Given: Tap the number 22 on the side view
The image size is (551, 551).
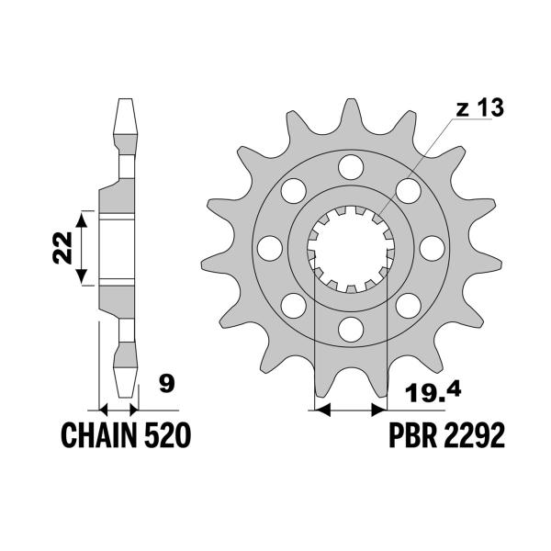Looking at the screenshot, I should pos(62,248).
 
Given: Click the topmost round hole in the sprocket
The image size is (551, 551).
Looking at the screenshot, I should pos(349,167).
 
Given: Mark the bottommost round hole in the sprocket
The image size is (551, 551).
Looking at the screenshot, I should pos(349,328).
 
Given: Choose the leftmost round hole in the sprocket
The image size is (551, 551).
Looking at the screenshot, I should pos(269,248).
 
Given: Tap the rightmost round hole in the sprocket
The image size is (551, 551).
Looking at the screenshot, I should pos(429,248).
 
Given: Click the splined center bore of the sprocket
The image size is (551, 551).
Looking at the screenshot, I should pos(349,248).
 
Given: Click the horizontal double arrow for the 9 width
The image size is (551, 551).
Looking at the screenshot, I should pos(118,410).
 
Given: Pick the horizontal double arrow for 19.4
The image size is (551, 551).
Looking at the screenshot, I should pos(349,410).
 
